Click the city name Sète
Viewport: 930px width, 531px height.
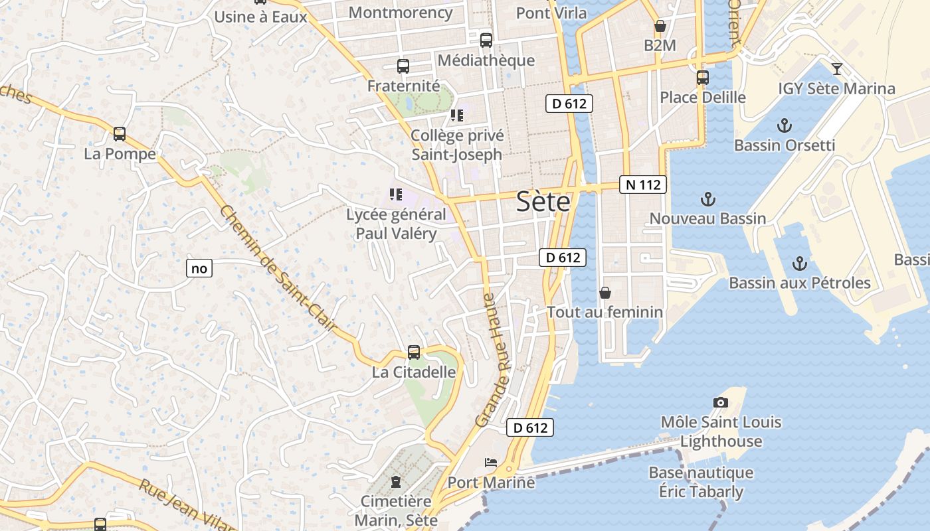point(543,201)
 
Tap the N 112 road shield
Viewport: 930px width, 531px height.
point(643,185)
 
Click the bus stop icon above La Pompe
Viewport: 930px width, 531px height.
point(120,134)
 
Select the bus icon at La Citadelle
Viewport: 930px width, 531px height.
point(414,352)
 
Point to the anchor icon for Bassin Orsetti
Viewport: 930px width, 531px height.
point(785,125)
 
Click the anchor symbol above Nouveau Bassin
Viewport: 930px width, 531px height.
point(708,198)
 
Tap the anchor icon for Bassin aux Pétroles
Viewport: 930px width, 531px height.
point(800,264)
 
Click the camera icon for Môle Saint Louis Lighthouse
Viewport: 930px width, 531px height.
point(721,402)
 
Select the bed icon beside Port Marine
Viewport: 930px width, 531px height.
point(491,462)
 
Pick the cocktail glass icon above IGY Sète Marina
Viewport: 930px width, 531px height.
point(837,68)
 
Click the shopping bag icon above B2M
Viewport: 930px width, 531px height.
point(660,26)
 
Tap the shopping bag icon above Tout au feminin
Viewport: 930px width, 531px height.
point(605,293)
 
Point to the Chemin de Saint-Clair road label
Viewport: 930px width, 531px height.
point(278,269)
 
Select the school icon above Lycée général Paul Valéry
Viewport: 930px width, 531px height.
point(396,194)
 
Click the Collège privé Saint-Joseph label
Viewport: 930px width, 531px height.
point(457,145)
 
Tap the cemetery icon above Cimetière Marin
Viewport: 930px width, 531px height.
point(397,481)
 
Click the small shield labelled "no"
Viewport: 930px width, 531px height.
point(199,268)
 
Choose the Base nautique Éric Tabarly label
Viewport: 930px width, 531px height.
point(701,482)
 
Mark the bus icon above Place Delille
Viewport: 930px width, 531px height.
point(703,78)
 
